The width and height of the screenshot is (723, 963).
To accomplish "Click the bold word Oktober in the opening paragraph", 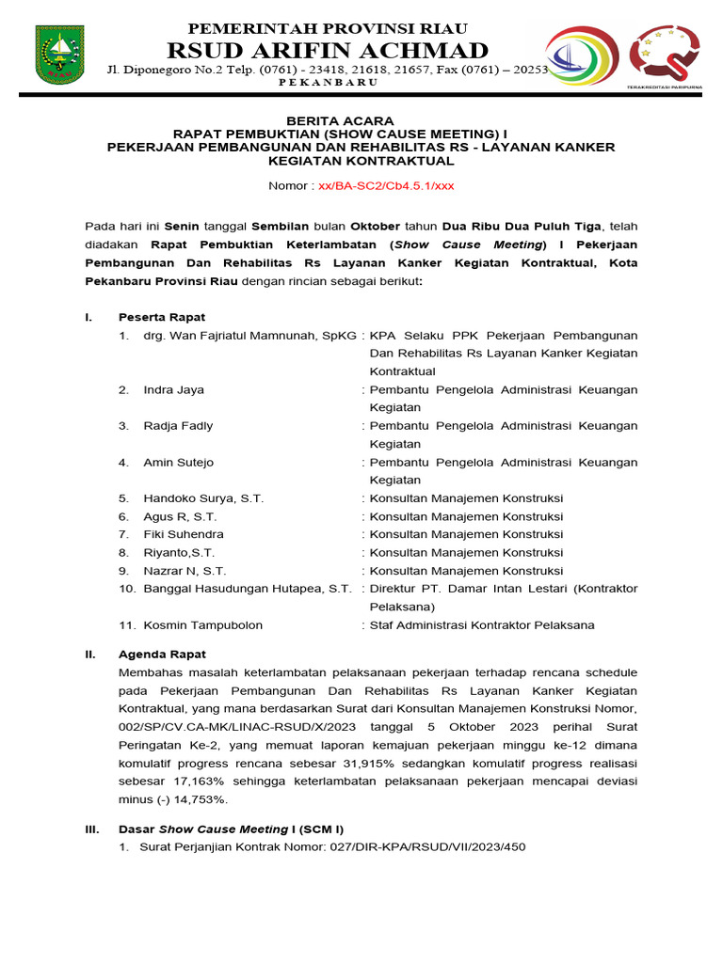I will [x=375, y=227].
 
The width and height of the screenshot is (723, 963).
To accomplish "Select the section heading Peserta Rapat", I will [x=162, y=317].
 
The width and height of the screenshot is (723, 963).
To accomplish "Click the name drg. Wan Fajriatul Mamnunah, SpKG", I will [x=249, y=336].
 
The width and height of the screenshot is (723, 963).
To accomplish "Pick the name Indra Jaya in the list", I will [x=173, y=389].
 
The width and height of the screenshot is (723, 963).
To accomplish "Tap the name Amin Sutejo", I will [x=178, y=462].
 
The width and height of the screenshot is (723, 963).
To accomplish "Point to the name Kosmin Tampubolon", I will [x=202, y=624].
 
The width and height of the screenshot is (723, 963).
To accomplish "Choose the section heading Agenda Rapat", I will [x=162, y=654].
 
